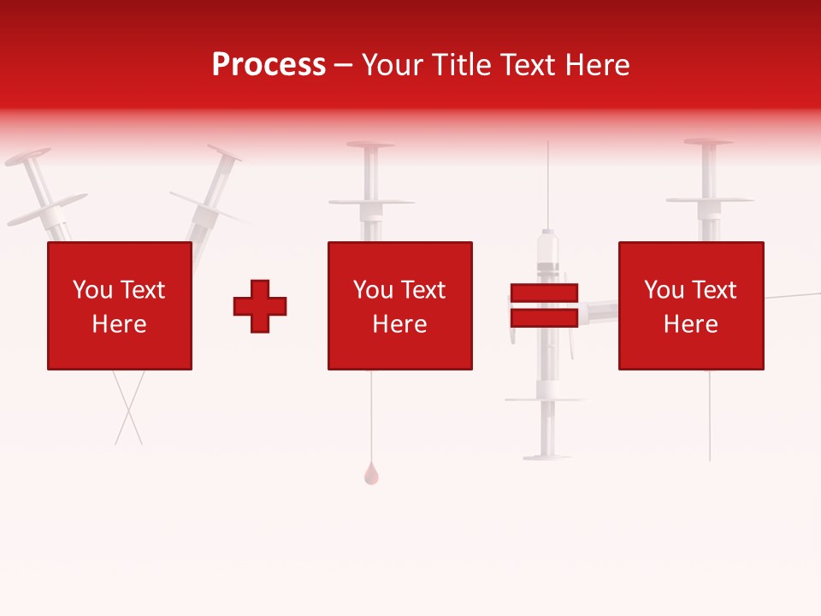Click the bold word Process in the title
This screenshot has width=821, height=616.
(269, 65)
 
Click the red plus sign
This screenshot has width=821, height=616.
(260, 306)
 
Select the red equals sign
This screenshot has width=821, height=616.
(544, 306)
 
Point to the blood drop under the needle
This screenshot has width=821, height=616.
(370, 474)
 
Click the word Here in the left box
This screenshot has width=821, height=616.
(119, 324)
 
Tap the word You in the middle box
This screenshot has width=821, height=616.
(373, 290)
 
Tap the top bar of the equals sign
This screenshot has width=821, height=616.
(544, 293)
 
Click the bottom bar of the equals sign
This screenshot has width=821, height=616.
(544, 318)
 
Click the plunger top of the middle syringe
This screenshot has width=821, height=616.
(369, 145)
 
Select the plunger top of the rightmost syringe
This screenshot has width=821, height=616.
(708, 142)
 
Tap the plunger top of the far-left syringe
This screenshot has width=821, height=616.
(27, 160)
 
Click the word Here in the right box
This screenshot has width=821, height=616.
(690, 324)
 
